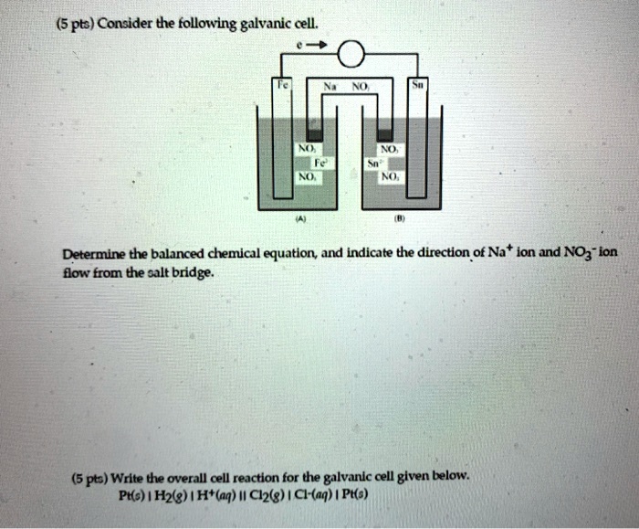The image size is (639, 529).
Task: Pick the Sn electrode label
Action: tap(417, 81)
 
